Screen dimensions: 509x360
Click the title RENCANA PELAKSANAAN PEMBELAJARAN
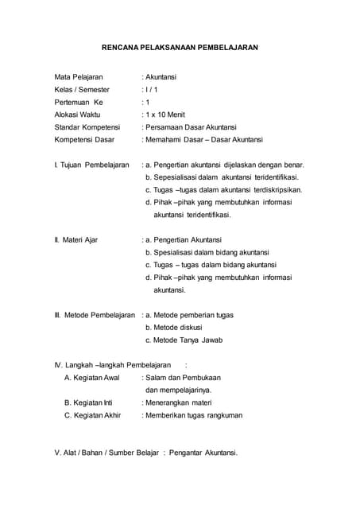click(180, 47)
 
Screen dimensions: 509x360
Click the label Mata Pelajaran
click(79, 77)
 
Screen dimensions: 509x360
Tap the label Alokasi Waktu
click(77, 115)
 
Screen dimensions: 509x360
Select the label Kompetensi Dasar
click(84, 139)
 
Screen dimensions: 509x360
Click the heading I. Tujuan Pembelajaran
click(91, 165)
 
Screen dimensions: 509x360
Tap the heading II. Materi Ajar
click(75, 239)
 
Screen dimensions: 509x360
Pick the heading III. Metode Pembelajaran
click(95, 315)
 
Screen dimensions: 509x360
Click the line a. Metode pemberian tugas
click(188, 315)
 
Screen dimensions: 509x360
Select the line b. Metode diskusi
click(173, 327)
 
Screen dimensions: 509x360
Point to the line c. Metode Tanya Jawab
click(184, 340)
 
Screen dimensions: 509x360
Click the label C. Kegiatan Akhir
click(92, 415)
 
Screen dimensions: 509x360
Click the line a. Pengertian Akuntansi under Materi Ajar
click(183, 239)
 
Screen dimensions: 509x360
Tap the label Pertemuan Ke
click(79, 102)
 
